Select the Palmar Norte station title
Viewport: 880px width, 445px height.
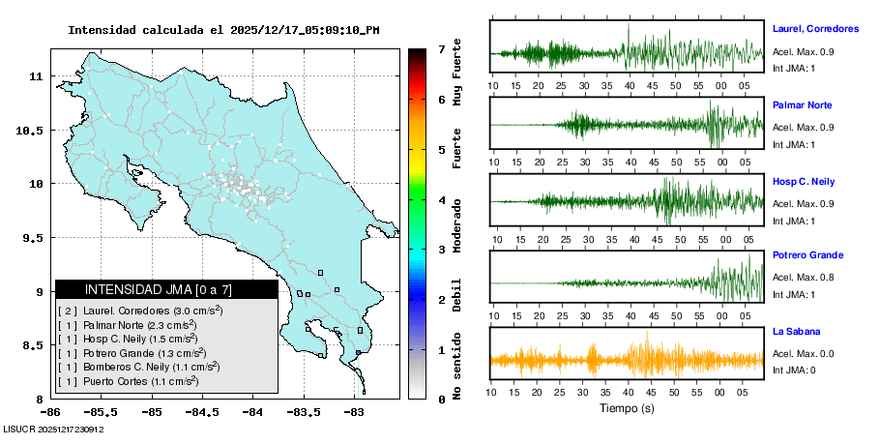click(803, 104)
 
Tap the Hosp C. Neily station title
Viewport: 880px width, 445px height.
click(804, 181)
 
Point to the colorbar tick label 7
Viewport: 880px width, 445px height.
click(441, 48)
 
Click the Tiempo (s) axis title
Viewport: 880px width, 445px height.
click(627, 408)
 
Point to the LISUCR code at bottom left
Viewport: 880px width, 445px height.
click(53, 429)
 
